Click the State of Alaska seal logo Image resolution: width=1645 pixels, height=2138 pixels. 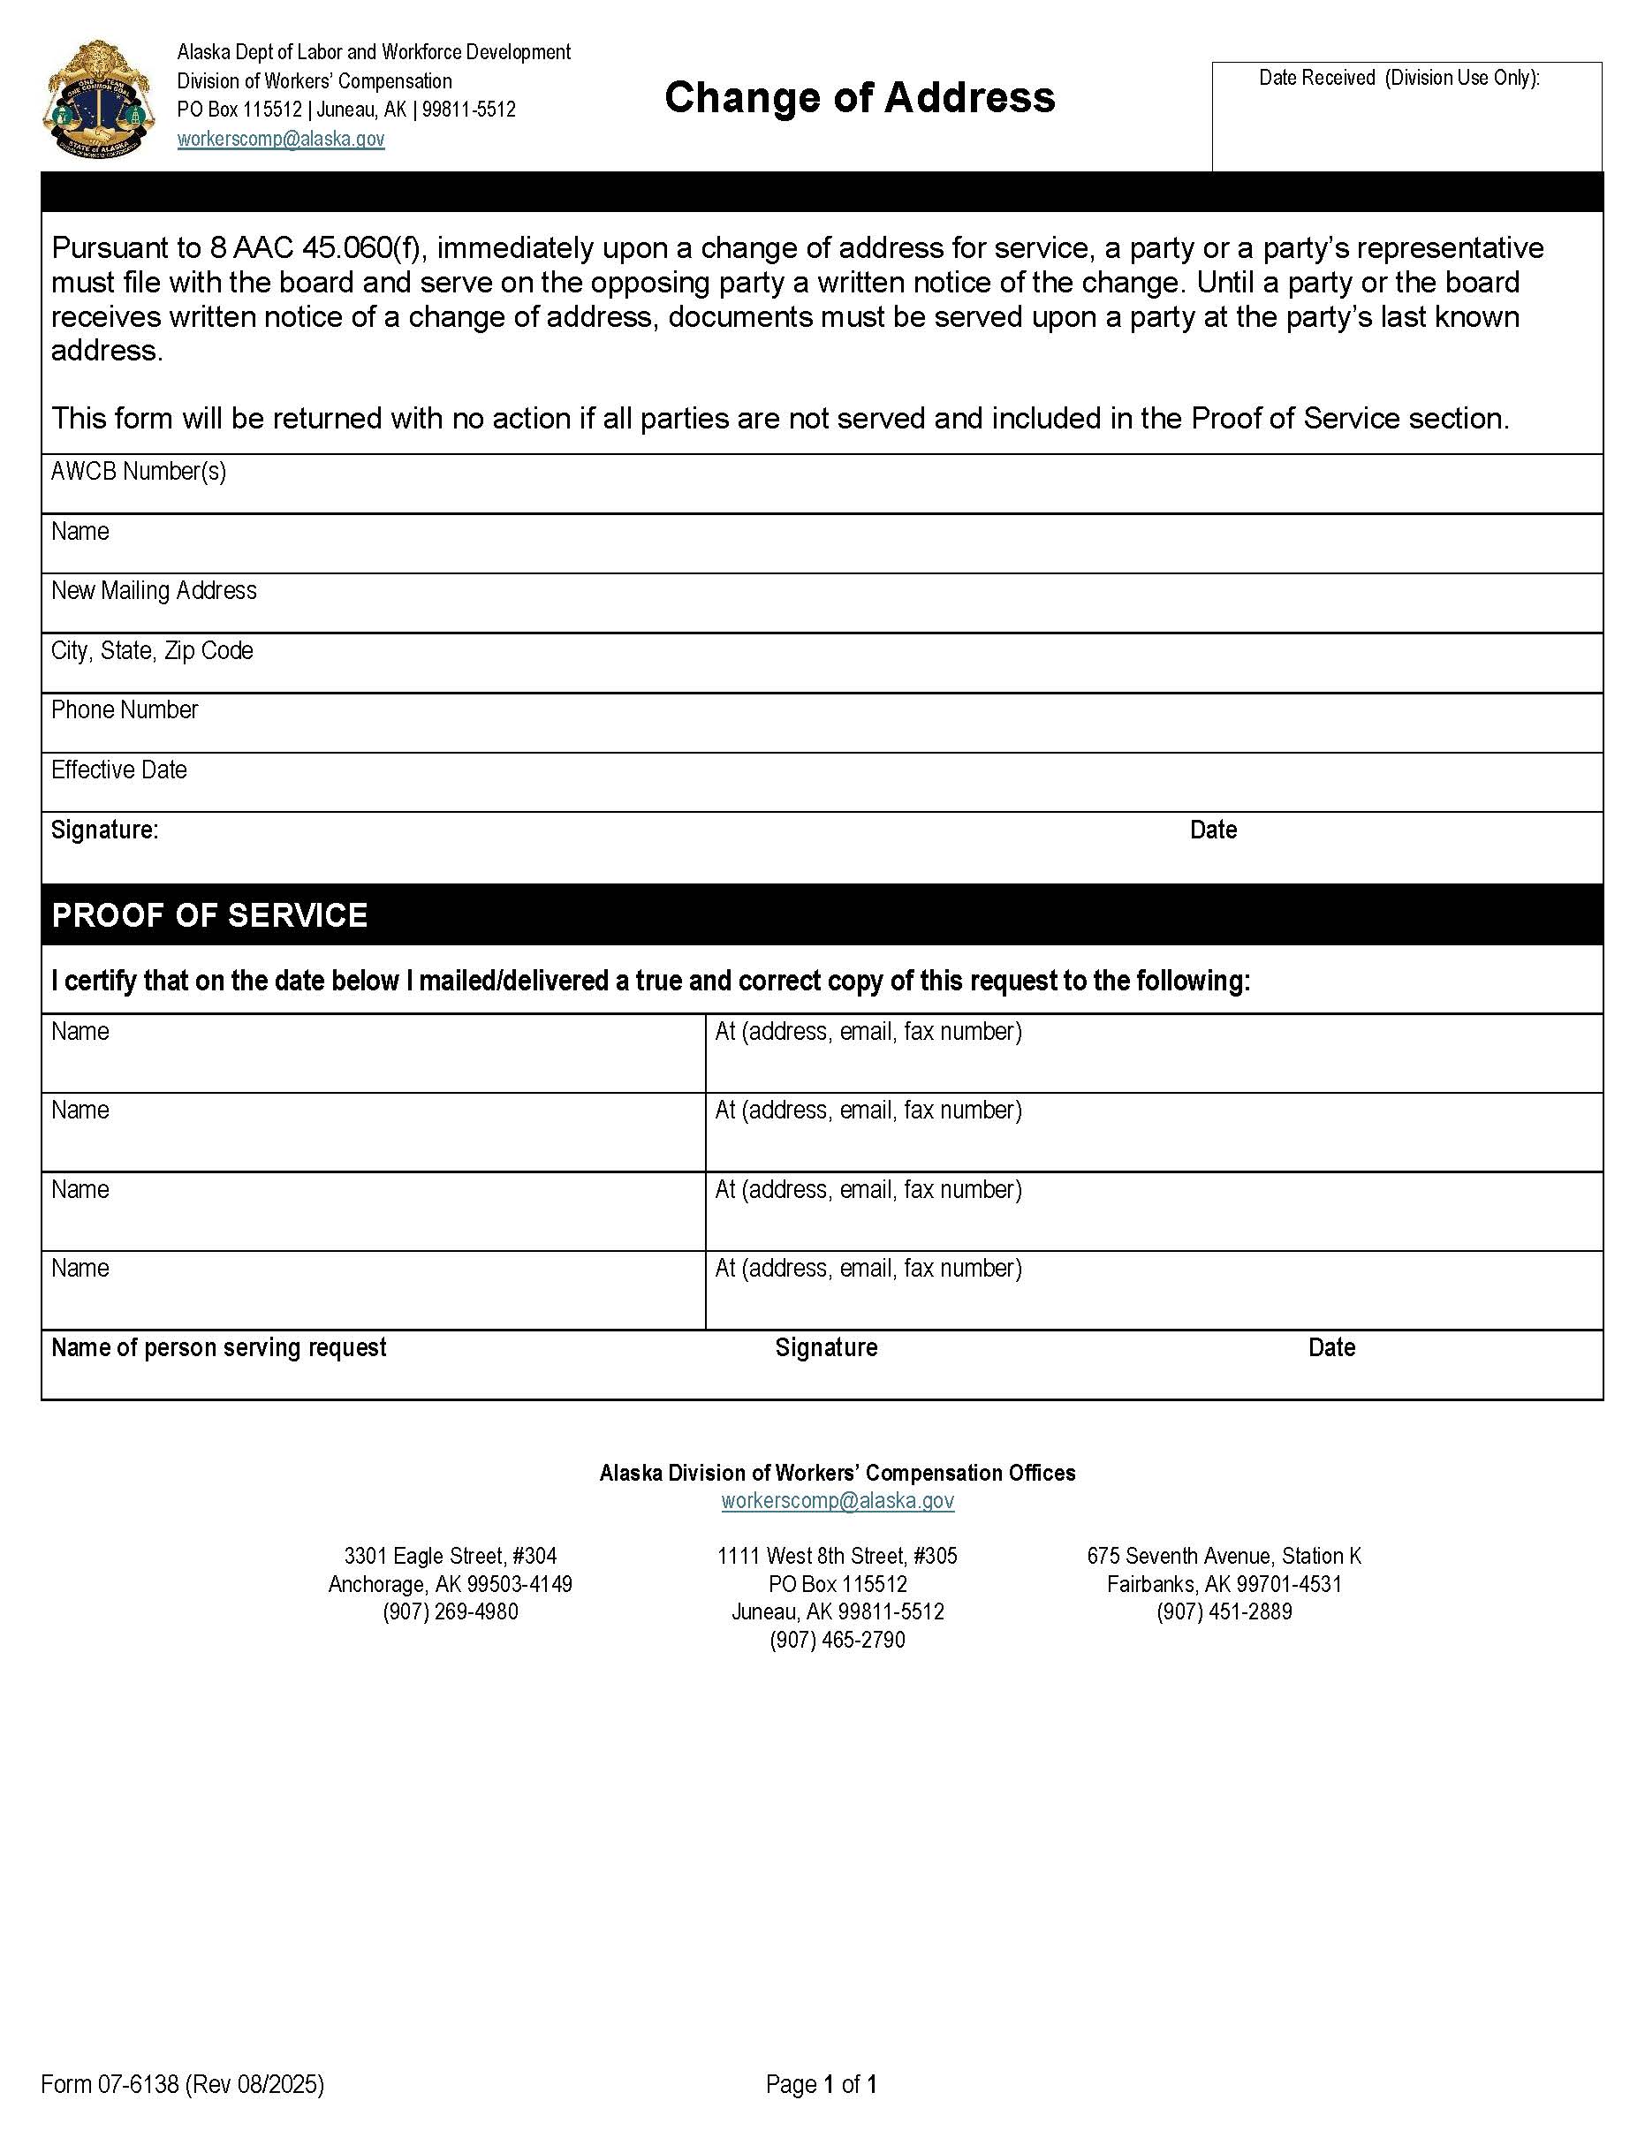[98, 99]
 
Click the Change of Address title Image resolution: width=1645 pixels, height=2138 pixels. [860, 98]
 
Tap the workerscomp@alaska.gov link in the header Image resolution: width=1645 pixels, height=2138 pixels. [281, 139]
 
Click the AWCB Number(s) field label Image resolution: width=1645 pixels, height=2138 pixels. [138, 472]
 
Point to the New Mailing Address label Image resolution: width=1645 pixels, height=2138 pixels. [154, 591]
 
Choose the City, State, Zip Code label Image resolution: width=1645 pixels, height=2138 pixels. [152, 651]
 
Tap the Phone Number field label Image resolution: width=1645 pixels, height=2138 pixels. [125, 709]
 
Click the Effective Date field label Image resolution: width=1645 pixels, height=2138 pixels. [118, 770]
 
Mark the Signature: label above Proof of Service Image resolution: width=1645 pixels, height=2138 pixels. [105, 830]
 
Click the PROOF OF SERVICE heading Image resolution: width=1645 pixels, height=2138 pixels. [209, 915]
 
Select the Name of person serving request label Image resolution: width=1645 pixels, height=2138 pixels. [218, 1348]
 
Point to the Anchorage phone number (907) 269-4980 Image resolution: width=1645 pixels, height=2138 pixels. [451, 1611]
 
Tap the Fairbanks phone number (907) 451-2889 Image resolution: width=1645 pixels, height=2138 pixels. [1224, 1611]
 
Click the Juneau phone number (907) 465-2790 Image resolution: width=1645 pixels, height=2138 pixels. [838, 1640]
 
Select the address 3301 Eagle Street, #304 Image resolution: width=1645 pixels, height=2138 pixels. [451, 1556]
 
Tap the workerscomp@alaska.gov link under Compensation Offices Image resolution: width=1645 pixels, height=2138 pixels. [838, 1501]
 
